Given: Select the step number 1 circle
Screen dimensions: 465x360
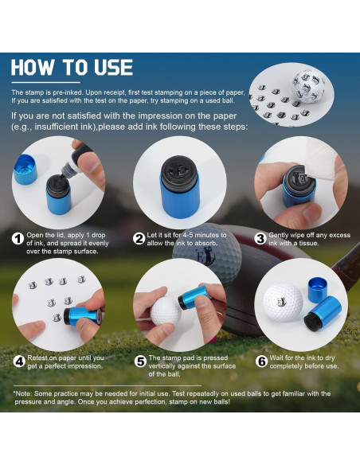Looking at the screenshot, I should (17, 238).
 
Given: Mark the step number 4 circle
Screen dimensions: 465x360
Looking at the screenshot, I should (17, 361).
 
